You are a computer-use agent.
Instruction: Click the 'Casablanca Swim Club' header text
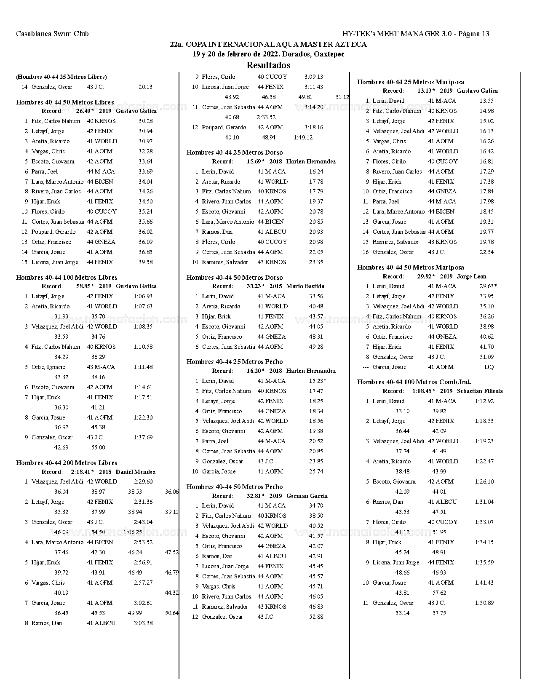52,34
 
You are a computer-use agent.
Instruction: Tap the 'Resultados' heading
268,65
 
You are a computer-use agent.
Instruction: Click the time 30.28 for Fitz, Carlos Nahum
145,121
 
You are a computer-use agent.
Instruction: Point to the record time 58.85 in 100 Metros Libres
83,286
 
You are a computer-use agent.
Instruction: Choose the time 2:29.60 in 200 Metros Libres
143,482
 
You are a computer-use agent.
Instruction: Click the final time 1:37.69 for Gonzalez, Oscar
143,438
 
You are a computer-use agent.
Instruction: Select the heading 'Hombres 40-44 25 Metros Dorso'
235,152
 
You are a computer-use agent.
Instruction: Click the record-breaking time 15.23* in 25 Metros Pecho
317,381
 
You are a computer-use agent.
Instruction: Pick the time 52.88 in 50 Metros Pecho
316,617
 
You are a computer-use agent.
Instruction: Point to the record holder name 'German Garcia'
307,496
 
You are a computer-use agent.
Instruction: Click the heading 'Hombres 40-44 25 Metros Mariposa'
410,82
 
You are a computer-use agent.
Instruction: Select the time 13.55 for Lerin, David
486,101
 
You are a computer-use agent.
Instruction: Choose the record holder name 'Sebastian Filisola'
479,391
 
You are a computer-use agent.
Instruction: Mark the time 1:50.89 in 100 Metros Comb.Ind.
484,603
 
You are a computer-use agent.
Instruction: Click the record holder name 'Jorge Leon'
471,277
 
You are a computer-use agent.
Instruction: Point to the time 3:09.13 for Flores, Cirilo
313,77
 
